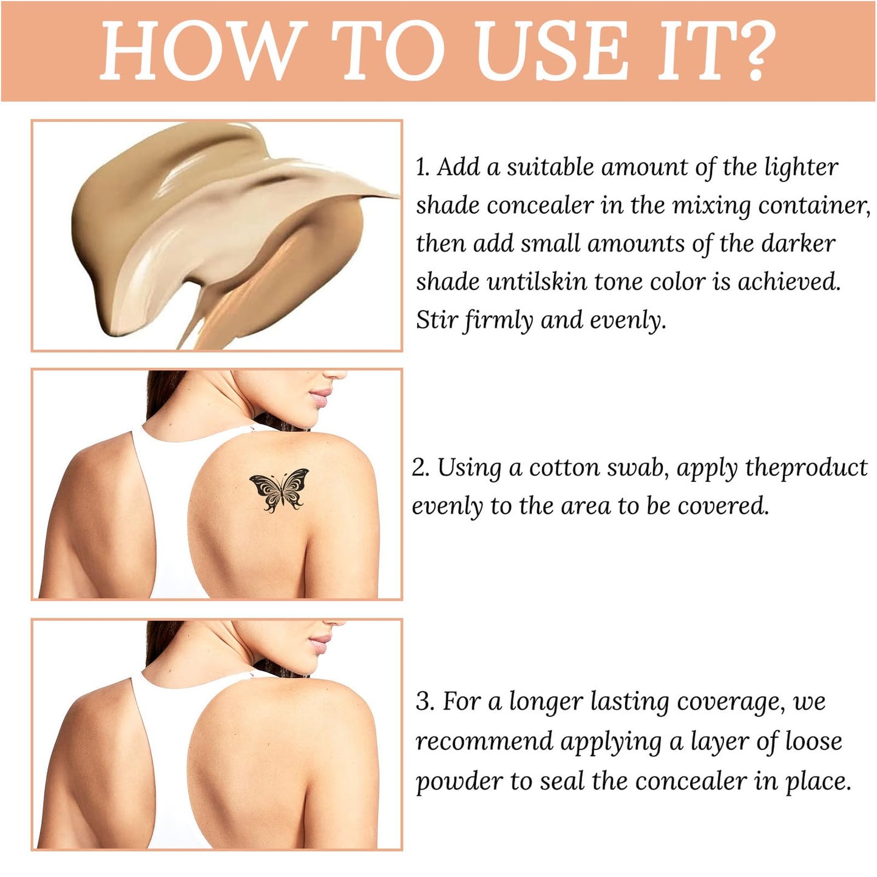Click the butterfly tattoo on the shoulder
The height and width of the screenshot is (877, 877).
click(x=279, y=490)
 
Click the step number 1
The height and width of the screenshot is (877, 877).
click(x=422, y=168)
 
